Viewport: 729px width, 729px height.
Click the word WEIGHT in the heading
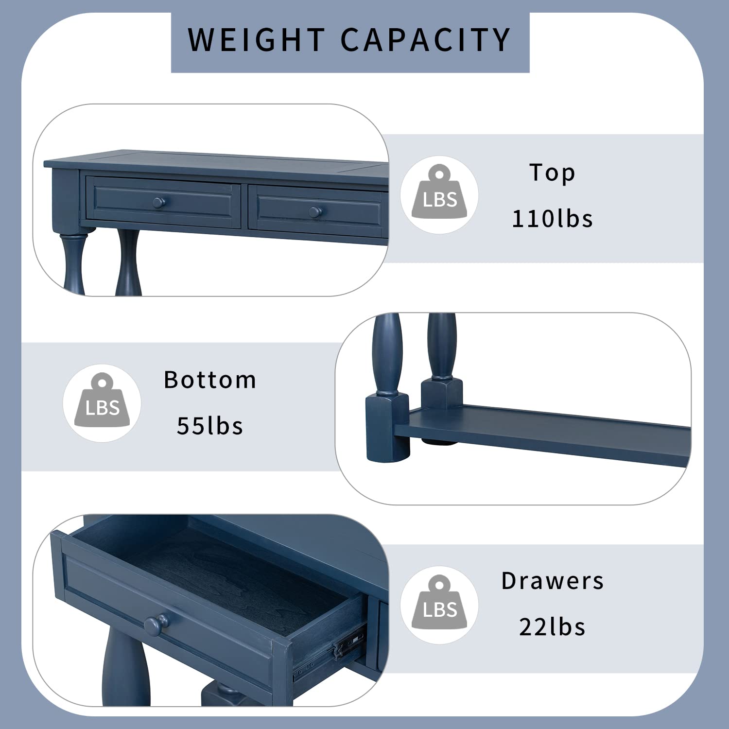(257, 39)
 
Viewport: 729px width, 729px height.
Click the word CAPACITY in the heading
(426, 39)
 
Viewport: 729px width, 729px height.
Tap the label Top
(552, 173)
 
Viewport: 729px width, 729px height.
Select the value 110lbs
(553, 219)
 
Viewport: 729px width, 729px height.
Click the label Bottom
(210, 380)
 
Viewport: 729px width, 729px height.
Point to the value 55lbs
(210, 426)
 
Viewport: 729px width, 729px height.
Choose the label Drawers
(553, 581)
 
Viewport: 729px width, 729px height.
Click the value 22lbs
(553, 627)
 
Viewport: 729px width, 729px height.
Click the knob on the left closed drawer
(159, 203)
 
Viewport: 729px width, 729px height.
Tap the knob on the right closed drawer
(315, 212)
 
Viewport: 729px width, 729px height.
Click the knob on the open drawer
(156, 624)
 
